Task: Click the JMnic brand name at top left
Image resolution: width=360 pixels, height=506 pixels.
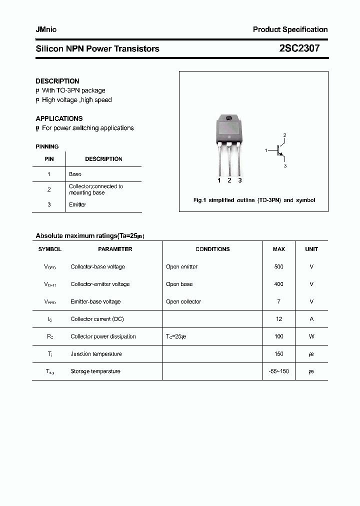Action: [46, 29]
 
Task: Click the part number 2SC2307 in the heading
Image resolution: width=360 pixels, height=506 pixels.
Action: [299, 48]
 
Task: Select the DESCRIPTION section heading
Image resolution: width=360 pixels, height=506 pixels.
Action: [57, 81]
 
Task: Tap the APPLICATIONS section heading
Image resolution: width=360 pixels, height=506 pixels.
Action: [59, 118]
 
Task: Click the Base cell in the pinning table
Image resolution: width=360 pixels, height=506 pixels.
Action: [75, 174]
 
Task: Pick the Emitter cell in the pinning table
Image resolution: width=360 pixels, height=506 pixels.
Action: [77, 204]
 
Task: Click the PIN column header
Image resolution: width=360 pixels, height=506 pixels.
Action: [49, 159]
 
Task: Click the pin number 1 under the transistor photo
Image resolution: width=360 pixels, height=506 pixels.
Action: [219, 180]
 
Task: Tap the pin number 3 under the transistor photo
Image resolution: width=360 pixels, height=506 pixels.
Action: [240, 180]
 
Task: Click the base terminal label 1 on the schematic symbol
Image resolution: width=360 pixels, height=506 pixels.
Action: [266, 149]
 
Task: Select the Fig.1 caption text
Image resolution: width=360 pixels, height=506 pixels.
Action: [254, 200]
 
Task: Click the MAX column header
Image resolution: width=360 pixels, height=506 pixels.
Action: [279, 249]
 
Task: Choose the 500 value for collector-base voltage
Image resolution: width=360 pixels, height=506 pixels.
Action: [279, 266]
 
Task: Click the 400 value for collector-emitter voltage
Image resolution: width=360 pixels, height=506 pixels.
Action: [279, 284]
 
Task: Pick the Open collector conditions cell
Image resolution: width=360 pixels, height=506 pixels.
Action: [183, 301]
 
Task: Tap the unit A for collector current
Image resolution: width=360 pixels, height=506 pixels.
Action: [311, 319]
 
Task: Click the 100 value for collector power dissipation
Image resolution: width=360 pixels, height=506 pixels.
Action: [279, 336]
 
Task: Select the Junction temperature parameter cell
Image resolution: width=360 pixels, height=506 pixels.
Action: [96, 354]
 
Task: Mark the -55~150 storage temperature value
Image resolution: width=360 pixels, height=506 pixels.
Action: [279, 371]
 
